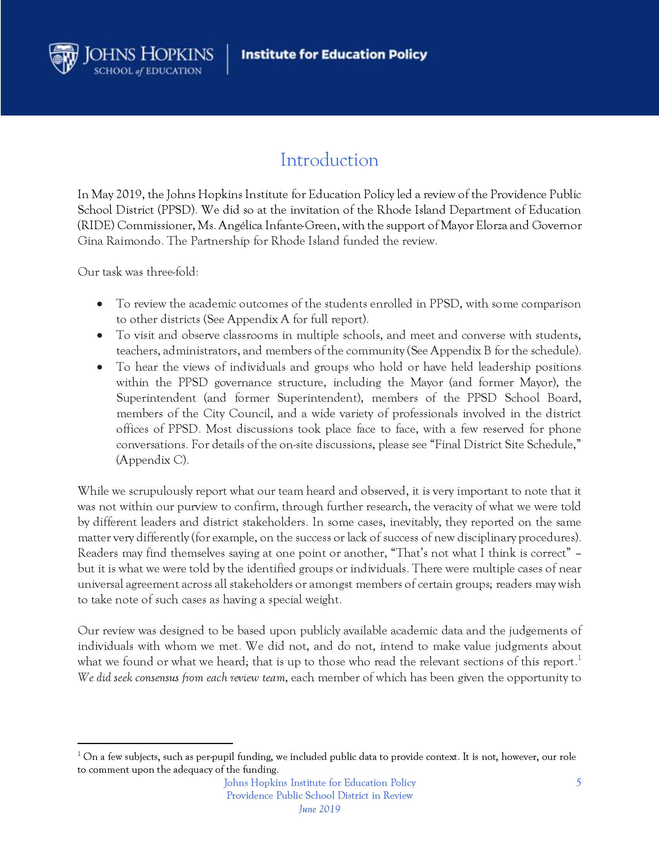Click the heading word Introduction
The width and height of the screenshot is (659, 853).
(x=329, y=160)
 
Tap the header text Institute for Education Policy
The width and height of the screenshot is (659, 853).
(x=334, y=55)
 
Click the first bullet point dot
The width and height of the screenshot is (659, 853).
(x=100, y=304)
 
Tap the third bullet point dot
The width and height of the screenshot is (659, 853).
(x=100, y=367)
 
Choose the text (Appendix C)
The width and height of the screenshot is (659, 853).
(x=153, y=460)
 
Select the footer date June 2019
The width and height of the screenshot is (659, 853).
(x=319, y=809)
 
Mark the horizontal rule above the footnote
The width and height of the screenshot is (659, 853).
(x=155, y=743)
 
